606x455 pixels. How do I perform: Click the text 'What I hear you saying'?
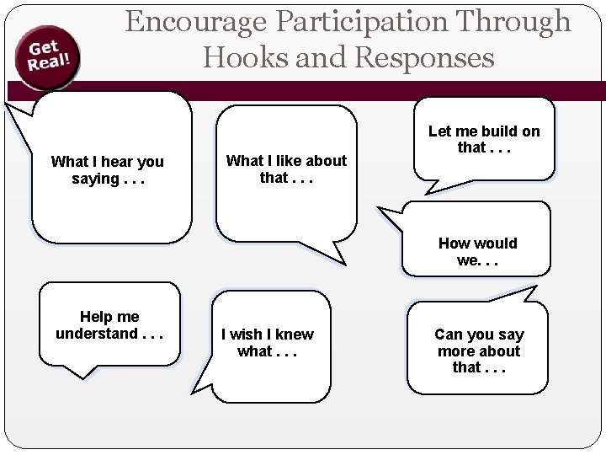pyautogui.click(x=108, y=169)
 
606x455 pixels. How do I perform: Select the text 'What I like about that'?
pyautogui.click(x=287, y=169)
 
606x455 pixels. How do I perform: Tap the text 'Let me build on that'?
pyautogui.click(x=484, y=140)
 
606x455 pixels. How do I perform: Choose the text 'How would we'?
pyautogui.click(x=478, y=252)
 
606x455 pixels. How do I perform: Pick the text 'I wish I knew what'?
pyautogui.click(x=267, y=343)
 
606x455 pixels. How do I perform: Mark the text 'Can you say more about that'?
pyautogui.click(x=477, y=351)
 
